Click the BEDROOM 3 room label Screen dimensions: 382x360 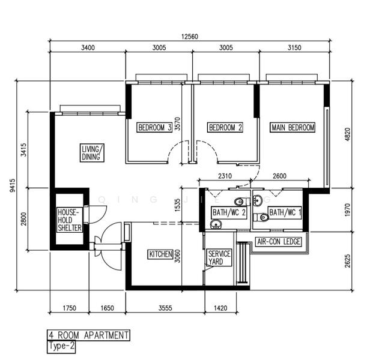(x=154, y=127)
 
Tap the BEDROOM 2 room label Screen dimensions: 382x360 (x=225, y=127)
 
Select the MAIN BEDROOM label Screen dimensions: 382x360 (x=293, y=127)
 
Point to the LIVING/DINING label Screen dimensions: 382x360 (x=92, y=153)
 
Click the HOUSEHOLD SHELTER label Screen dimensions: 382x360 (x=70, y=220)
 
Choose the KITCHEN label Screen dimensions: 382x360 (x=160, y=254)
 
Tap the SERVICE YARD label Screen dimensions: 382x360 (x=219, y=257)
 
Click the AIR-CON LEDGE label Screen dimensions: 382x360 (x=279, y=241)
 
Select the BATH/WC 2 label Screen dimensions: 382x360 (x=229, y=212)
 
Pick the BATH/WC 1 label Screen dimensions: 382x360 (x=285, y=212)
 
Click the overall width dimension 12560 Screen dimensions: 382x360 (x=190, y=37)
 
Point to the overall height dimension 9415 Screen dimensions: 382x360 (x=12, y=185)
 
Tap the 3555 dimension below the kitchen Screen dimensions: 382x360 (x=165, y=308)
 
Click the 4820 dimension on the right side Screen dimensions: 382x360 (x=348, y=134)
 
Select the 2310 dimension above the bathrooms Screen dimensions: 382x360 (x=225, y=176)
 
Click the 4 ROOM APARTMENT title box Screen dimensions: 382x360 (x=88, y=335)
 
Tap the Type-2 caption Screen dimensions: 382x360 (x=61, y=346)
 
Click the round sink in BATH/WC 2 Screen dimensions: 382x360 (x=216, y=224)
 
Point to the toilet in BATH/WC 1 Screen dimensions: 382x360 (x=261, y=217)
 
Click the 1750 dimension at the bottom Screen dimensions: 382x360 (x=70, y=308)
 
